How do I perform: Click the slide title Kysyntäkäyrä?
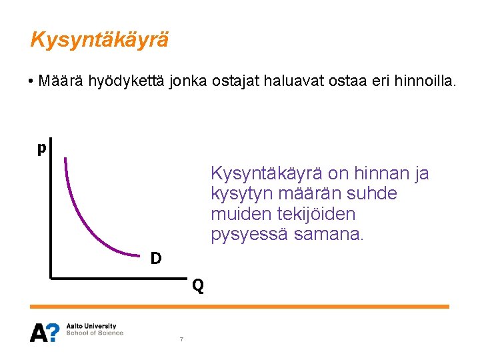tap(99, 40)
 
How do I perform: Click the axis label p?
tap(41, 147)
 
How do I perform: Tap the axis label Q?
tap(198, 287)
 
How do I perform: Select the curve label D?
tap(155, 257)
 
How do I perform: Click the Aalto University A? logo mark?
tap(45, 331)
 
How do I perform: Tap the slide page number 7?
tap(181, 340)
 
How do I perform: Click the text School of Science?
tap(95, 333)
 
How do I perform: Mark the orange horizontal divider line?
tap(240, 307)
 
